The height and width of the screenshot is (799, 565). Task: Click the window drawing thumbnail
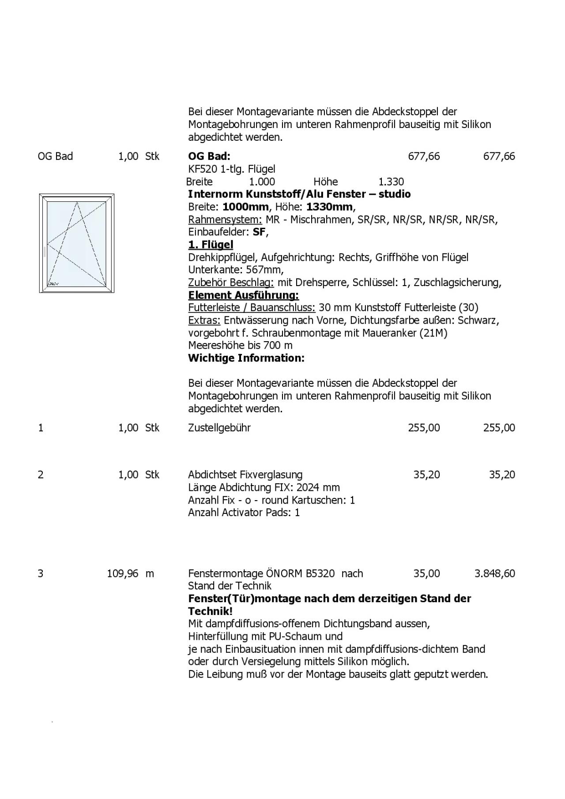pos(77,243)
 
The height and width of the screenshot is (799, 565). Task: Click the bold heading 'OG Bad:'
pos(209,156)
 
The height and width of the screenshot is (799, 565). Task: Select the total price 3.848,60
pos(494,573)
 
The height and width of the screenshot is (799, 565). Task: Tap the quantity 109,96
pos(122,573)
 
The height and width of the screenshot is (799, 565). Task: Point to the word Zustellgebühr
pos(219,428)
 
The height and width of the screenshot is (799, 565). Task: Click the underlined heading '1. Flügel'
pos(211,245)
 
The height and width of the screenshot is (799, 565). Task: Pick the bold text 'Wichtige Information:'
pos(246,358)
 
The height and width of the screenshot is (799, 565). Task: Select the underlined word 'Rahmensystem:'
pos(225,219)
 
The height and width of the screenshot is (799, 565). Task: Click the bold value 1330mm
pos(330,207)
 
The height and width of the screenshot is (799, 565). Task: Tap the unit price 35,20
pos(426,475)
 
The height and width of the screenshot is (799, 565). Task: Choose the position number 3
pos(41,573)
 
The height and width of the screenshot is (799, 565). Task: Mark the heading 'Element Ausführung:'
pos(243,295)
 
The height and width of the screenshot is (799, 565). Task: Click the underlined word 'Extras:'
pos(204,320)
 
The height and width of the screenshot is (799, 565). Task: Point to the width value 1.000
pos(262,182)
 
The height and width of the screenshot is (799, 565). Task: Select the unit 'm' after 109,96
pos(150,573)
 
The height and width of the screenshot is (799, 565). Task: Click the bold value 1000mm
pos(245,207)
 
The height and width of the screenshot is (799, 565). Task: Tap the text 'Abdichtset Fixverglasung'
pos(245,475)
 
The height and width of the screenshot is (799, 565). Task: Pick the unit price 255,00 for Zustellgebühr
pos(424,428)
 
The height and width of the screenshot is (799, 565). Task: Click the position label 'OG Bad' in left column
pos(55,156)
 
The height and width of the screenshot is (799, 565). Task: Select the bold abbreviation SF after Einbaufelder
pos(259,232)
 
